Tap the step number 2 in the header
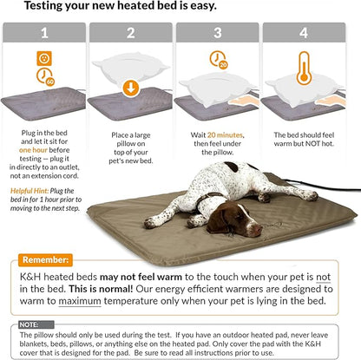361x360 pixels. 133,35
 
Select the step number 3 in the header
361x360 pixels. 220,35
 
